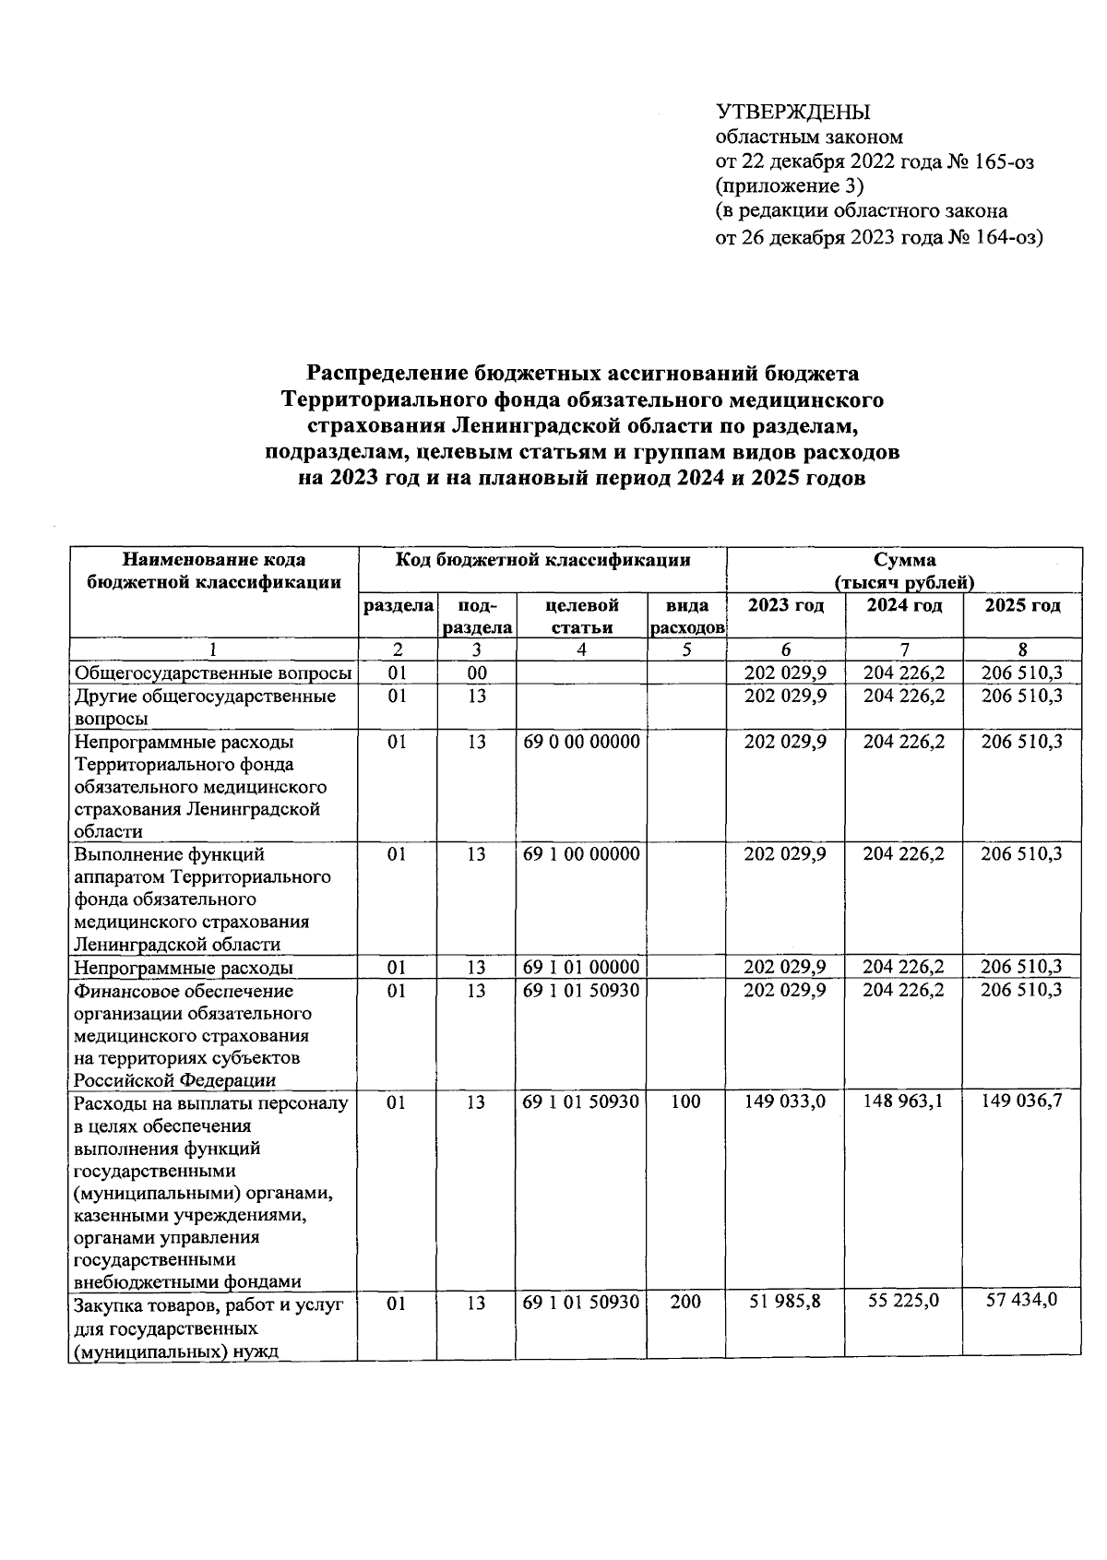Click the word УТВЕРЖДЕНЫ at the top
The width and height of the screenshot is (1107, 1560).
click(x=793, y=113)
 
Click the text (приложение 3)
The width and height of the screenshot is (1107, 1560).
click(x=791, y=187)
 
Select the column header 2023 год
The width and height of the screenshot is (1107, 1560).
click(x=785, y=606)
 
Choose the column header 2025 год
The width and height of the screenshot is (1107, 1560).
click(x=1022, y=606)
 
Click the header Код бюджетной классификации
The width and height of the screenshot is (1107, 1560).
click(x=542, y=560)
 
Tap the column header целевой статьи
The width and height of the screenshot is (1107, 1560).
click(x=581, y=616)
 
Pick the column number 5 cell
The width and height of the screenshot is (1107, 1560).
click(x=685, y=649)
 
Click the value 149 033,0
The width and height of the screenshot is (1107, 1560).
click(x=785, y=1101)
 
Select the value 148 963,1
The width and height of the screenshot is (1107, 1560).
click(x=903, y=1100)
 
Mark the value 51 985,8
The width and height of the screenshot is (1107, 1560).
click(x=785, y=1302)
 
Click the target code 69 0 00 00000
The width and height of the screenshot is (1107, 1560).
click(x=581, y=742)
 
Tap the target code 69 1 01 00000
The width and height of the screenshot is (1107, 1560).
click(x=581, y=967)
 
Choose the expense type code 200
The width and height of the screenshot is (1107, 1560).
click(x=685, y=1302)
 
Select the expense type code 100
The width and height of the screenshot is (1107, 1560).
click(x=685, y=1102)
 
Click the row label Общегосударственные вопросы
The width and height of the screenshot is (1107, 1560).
click(x=213, y=673)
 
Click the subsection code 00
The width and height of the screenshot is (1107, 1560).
click(x=476, y=673)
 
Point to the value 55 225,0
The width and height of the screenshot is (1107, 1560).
click(x=903, y=1301)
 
